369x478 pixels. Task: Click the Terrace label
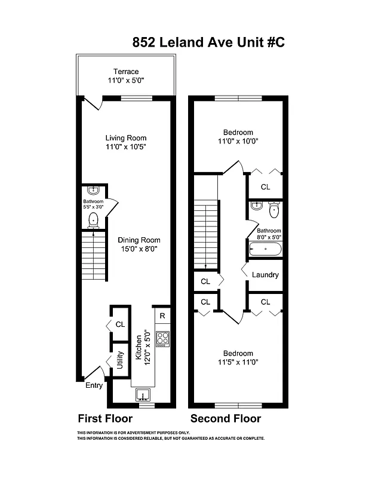click(x=126, y=72)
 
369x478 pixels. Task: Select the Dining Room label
click(x=139, y=240)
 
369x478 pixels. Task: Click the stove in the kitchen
click(x=162, y=339)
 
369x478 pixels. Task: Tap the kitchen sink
click(x=143, y=395)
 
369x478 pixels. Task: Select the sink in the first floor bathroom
click(x=93, y=191)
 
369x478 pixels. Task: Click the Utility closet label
click(x=119, y=363)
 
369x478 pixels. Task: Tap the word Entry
click(x=94, y=386)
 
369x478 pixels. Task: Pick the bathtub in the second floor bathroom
click(x=265, y=249)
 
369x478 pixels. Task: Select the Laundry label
click(x=265, y=275)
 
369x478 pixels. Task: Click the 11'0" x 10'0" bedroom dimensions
click(x=238, y=142)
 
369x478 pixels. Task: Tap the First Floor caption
click(x=105, y=418)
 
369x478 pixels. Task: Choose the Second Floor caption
click(x=225, y=418)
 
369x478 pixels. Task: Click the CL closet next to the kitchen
click(x=120, y=324)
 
